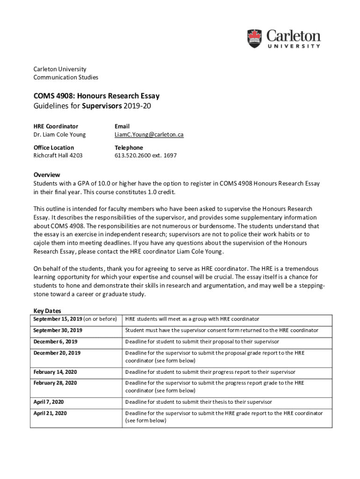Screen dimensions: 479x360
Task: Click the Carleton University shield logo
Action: point(255,38)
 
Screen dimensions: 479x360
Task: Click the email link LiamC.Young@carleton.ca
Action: point(149,135)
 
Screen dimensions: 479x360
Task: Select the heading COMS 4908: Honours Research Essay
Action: point(96,96)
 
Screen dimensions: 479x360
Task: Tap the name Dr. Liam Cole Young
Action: point(59,135)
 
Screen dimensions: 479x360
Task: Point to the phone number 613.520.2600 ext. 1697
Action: point(145,155)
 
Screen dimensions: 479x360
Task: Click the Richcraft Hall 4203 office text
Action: point(58,155)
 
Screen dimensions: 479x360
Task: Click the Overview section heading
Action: point(47,175)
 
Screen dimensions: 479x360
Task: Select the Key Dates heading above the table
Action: point(47,311)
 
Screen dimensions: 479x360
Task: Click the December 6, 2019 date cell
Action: point(55,341)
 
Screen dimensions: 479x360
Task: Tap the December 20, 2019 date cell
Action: point(57,353)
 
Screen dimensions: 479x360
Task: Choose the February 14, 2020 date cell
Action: point(55,372)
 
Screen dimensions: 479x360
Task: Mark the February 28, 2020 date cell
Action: point(55,383)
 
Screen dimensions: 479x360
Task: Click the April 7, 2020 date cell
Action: point(49,402)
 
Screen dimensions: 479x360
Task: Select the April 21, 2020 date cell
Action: point(50,413)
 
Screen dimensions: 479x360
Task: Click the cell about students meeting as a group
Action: point(192,319)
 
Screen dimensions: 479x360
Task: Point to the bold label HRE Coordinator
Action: point(56,126)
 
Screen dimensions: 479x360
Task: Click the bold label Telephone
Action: point(129,147)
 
